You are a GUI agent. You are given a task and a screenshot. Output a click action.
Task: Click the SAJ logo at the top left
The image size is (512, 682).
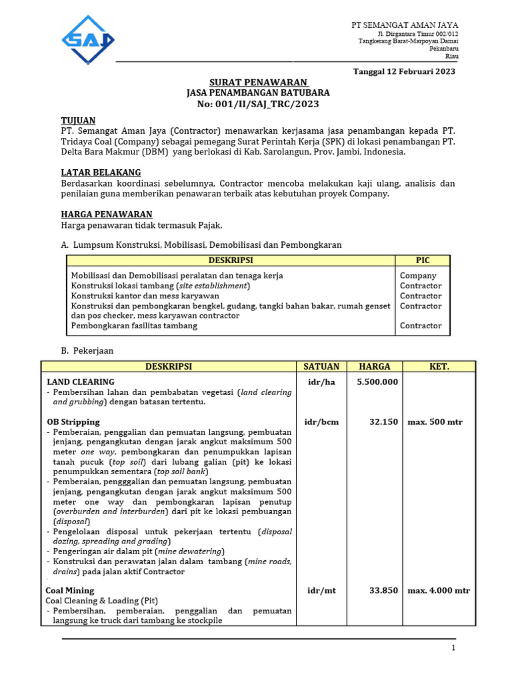[87, 40]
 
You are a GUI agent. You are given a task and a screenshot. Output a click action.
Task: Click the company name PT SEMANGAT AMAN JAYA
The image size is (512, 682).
[405, 25]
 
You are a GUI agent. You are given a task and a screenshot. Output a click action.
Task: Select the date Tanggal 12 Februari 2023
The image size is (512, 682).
[403, 72]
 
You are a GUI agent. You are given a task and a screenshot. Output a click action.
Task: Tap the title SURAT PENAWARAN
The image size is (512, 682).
[258, 83]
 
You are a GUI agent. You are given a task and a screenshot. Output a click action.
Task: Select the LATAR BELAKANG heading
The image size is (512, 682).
[101, 172]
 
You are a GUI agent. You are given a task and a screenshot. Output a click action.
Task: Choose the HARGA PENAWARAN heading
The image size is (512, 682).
[107, 214]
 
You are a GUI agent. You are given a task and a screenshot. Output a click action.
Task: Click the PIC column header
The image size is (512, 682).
[423, 260]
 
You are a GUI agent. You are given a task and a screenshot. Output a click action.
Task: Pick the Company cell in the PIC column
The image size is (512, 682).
[418, 276]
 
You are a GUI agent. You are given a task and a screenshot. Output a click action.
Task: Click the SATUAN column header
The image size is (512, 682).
[321, 366]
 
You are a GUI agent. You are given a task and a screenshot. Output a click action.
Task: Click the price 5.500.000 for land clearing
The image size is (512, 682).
[377, 382]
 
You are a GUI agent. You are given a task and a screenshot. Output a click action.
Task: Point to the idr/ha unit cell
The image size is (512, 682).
[321, 382]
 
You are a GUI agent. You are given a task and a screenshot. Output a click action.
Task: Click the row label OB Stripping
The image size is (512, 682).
[73, 422]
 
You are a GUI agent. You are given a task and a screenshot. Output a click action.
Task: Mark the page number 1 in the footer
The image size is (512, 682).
[453, 648]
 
